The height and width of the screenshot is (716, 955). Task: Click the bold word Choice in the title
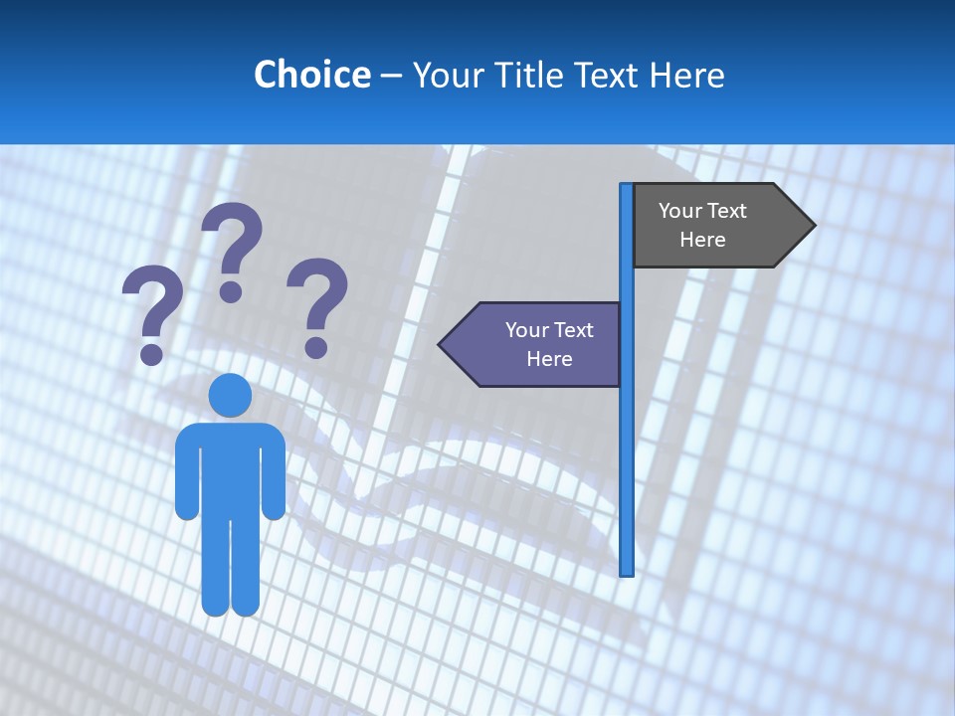[311, 75]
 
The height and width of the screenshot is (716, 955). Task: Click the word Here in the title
[687, 75]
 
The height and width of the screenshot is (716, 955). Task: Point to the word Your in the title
[447, 75]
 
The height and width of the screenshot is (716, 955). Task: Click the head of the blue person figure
[230, 396]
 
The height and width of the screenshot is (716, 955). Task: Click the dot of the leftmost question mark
[151, 354]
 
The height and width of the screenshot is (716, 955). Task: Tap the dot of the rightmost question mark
[316, 347]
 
